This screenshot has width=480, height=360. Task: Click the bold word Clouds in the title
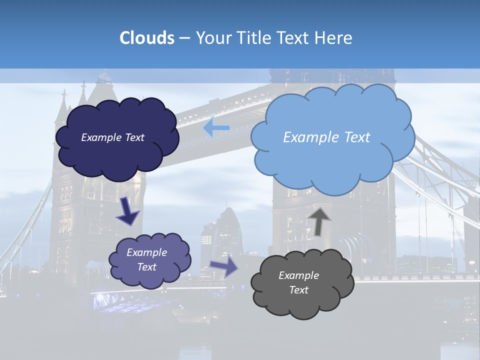(147, 38)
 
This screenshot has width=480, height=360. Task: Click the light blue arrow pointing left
(216, 128)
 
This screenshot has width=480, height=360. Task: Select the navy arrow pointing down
(127, 212)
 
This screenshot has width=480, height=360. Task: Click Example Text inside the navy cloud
(112, 137)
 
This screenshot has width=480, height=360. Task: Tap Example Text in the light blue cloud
(326, 137)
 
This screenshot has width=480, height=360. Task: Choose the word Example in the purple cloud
(146, 252)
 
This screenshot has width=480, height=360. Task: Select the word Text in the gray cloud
(298, 290)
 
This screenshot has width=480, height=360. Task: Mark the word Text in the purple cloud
(146, 267)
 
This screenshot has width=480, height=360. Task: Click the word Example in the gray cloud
(298, 275)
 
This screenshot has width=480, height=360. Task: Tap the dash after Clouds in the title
(184, 38)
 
